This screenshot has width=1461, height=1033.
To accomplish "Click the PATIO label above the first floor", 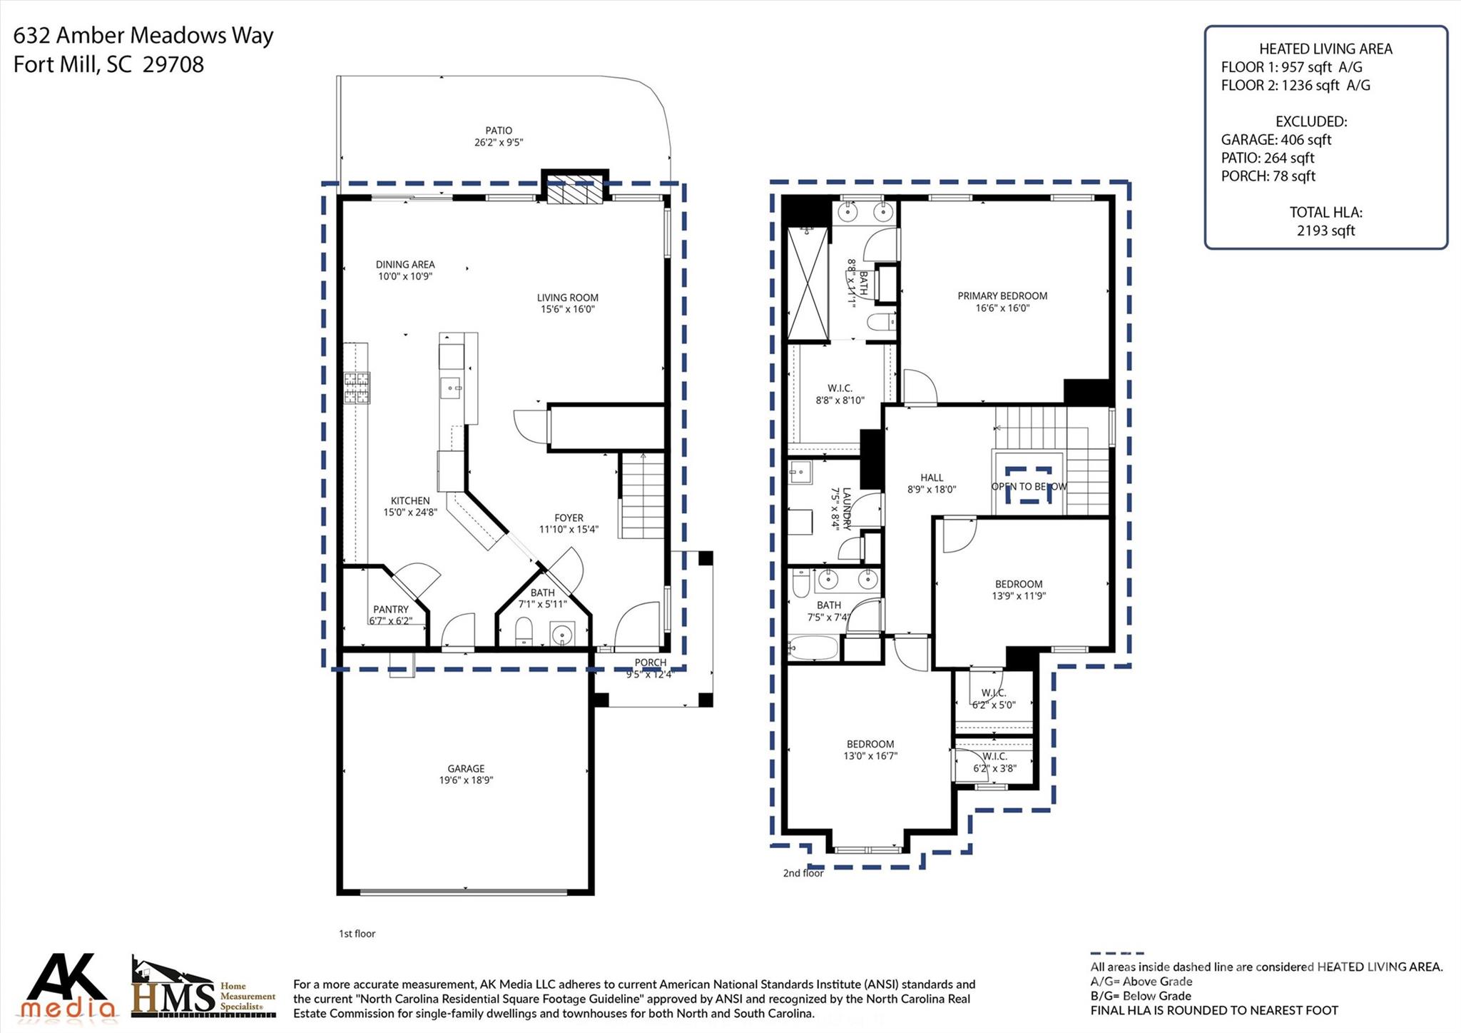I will tap(499, 131).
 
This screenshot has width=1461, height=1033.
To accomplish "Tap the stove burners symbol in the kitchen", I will tap(357, 388).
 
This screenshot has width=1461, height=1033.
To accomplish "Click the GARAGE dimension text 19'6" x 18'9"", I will tap(466, 780).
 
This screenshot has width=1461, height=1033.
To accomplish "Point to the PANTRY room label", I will tap(390, 609).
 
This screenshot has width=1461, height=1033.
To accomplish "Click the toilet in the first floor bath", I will tap(524, 631).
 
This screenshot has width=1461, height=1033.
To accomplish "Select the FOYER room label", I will tap(569, 518).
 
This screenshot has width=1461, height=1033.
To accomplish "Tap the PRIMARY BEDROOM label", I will tap(1002, 296).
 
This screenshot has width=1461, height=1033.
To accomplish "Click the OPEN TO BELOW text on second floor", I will tap(1029, 486).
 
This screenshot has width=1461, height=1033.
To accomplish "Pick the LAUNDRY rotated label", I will tap(846, 508).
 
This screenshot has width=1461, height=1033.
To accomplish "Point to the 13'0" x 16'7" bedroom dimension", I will tap(870, 755).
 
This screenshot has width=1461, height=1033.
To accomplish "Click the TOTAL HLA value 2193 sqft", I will tap(1325, 230).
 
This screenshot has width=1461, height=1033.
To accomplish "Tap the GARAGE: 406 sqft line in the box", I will tap(1276, 140).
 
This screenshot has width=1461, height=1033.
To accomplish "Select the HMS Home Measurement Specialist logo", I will tap(203, 989).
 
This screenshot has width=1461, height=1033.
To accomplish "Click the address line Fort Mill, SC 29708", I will tap(108, 65).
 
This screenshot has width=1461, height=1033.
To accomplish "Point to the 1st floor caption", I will tap(357, 933).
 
